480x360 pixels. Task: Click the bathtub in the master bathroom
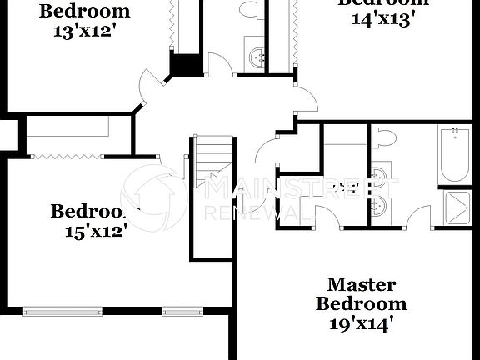pos(455,155)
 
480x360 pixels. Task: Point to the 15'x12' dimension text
pos(96,231)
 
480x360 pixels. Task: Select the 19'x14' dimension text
pos(361,324)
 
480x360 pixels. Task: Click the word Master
pos(361,285)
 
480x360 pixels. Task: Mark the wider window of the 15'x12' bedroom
pos(63,312)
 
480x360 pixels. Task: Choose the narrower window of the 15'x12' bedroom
pos(182,312)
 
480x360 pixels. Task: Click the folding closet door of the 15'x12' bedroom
pos(66,155)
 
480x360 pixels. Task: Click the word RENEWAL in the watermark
pos(261,212)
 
